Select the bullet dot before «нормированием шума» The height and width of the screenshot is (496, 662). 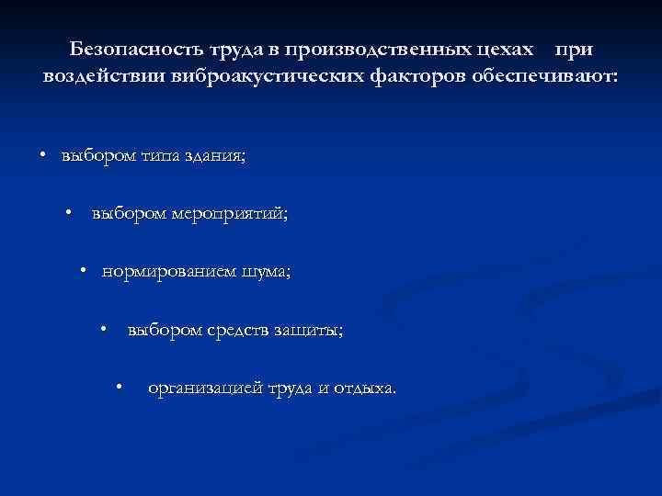coord(83,271)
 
